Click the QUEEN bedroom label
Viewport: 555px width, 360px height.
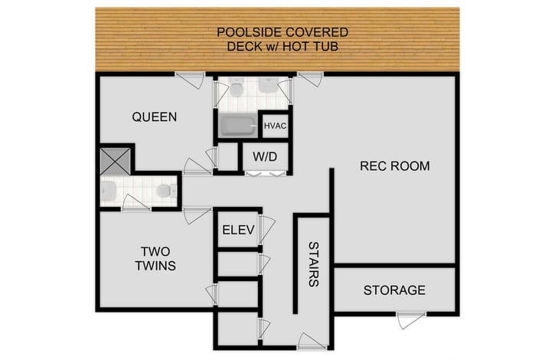tap(154, 117)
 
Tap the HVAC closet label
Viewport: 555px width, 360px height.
tap(275, 126)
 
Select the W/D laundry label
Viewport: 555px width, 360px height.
tap(265, 158)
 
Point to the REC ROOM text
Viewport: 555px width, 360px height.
tap(394, 165)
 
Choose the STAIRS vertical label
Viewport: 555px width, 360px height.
tap(313, 263)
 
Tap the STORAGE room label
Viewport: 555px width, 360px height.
tap(394, 290)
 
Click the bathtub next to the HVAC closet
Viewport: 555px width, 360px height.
tap(237, 126)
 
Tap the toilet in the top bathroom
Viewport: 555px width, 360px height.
tap(237, 90)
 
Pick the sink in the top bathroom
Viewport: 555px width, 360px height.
tap(269, 85)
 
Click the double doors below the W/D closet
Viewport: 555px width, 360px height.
tap(265, 174)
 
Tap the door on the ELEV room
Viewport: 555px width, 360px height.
tap(266, 229)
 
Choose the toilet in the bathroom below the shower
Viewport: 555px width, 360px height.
tap(163, 190)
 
